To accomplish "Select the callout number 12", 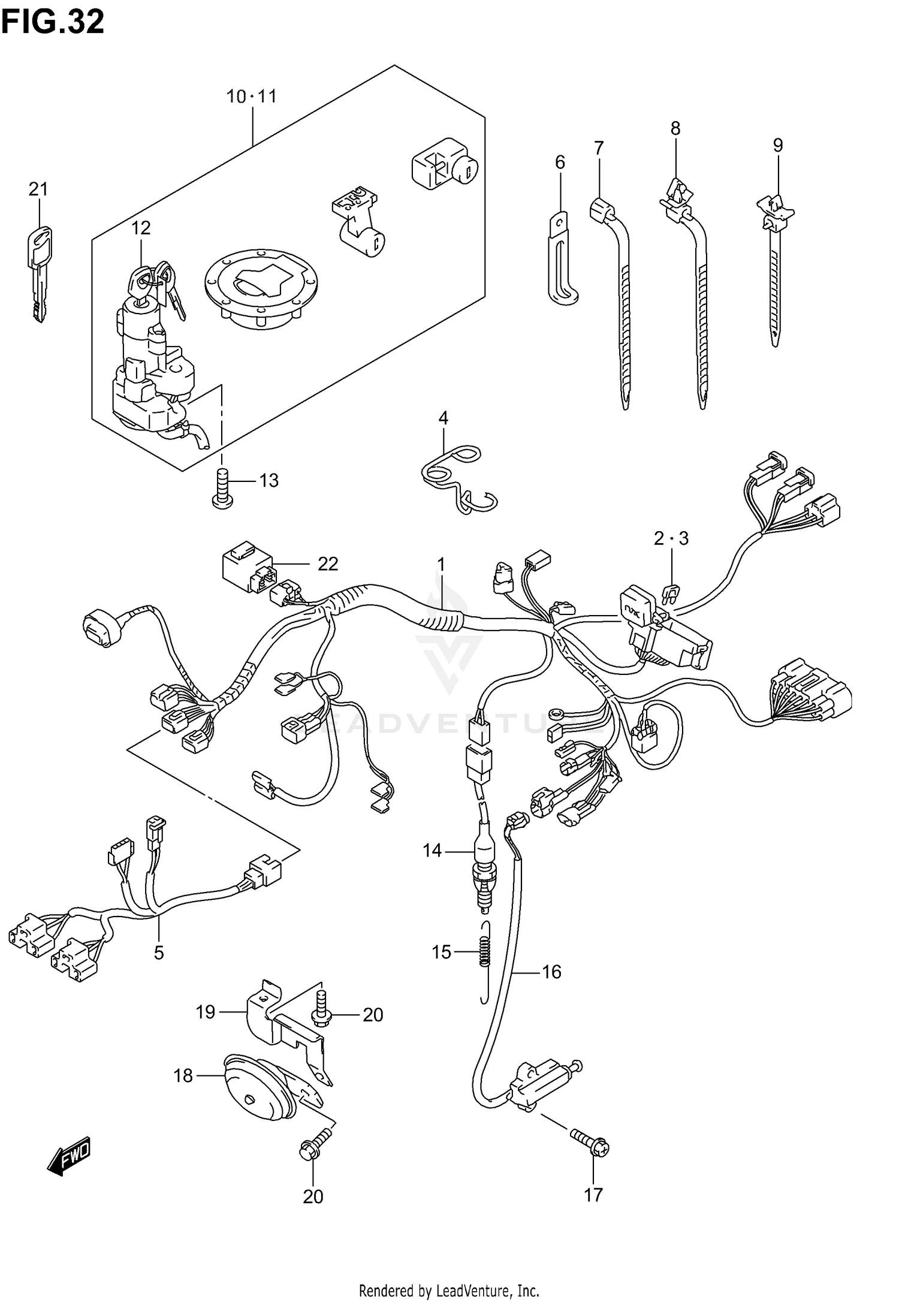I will [x=141, y=228].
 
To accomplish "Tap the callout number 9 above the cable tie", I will [x=777, y=145].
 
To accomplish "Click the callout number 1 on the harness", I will [x=441, y=564].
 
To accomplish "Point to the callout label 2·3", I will [x=671, y=538].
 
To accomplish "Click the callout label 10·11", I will [x=251, y=96].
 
